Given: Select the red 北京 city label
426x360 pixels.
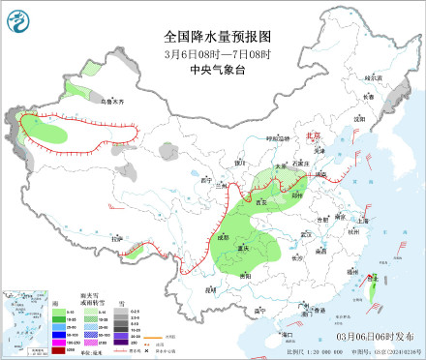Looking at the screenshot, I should pyautogui.click(x=311, y=136).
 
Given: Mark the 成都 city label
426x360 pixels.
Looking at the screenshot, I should pyautogui.click(x=226, y=236).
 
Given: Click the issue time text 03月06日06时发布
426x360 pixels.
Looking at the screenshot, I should pyautogui.click(x=371, y=335).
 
